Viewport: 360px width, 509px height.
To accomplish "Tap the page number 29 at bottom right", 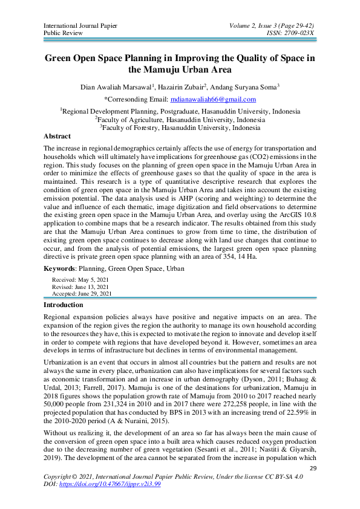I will [313, 468].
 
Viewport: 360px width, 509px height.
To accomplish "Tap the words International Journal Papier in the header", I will [80, 25].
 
